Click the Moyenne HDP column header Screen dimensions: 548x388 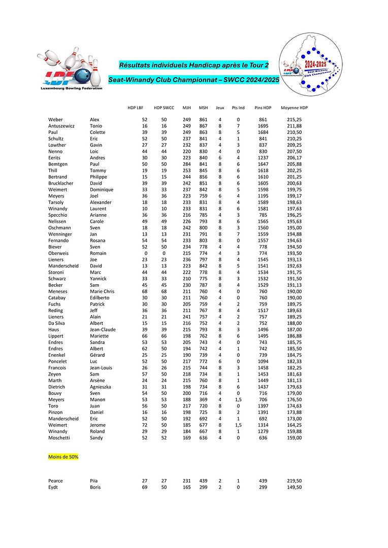coord(294,108)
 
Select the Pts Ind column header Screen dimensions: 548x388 coord(238,108)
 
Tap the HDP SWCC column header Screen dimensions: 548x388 coord(164,108)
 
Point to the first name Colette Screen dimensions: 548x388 coord(98,132)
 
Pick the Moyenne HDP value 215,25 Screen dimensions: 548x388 coord(294,120)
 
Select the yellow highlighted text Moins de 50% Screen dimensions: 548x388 coord(63,457)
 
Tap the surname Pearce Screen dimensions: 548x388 coord(55,481)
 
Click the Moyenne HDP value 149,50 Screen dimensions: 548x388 coord(294,487)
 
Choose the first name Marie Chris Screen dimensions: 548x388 coord(102,291)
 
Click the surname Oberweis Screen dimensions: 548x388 coord(59,253)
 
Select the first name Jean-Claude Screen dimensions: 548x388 coord(103,329)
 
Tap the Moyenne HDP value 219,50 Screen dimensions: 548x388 coord(294,481)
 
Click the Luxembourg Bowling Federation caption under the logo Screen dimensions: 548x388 coord(71,88)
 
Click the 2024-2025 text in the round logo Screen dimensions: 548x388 coord(316,64)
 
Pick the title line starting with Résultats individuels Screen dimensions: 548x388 coord(193,65)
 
